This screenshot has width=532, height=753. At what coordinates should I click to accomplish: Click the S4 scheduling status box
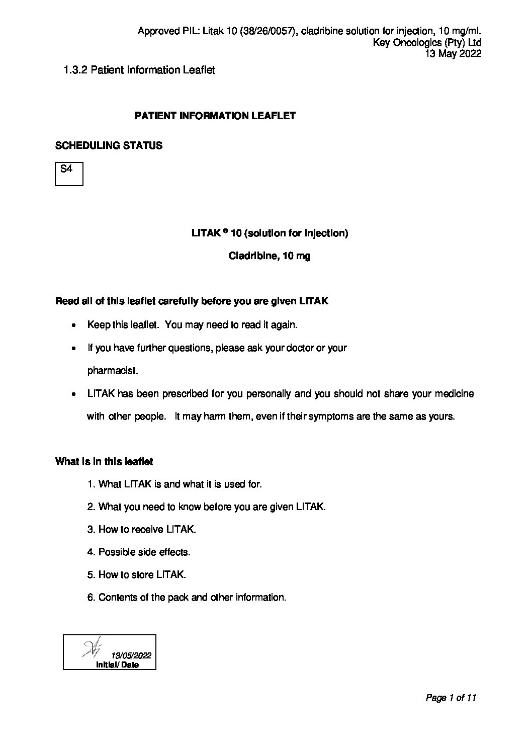pyautogui.click(x=69, y=174)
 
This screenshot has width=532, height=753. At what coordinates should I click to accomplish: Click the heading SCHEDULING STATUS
pyautogui.click(x=109, y=146)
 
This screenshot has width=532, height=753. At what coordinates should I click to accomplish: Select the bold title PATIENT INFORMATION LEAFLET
pyautogui.click(x=215, y=116)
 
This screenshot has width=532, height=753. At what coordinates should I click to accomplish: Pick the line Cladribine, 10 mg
pyautogui.click(x=270, y=256)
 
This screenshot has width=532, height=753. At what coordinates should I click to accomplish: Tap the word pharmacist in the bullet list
pyautogui.click(x=113, y=371)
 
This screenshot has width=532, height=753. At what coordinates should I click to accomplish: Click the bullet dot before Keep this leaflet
pyautogui.click(x=74, y=325)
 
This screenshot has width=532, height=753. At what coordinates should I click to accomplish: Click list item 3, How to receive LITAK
pyautogui.click(x=142, y=530)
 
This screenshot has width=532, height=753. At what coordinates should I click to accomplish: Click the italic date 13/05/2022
pyautogui.click(x=131, y=655)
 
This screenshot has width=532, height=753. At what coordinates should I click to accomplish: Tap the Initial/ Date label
pyautogui.click(x=117, y=665)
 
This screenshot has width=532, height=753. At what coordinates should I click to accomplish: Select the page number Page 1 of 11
pyautogui.click(x=451, y=698)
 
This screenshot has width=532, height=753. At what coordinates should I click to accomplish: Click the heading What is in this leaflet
pyautogui.click(x=104, y=462)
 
